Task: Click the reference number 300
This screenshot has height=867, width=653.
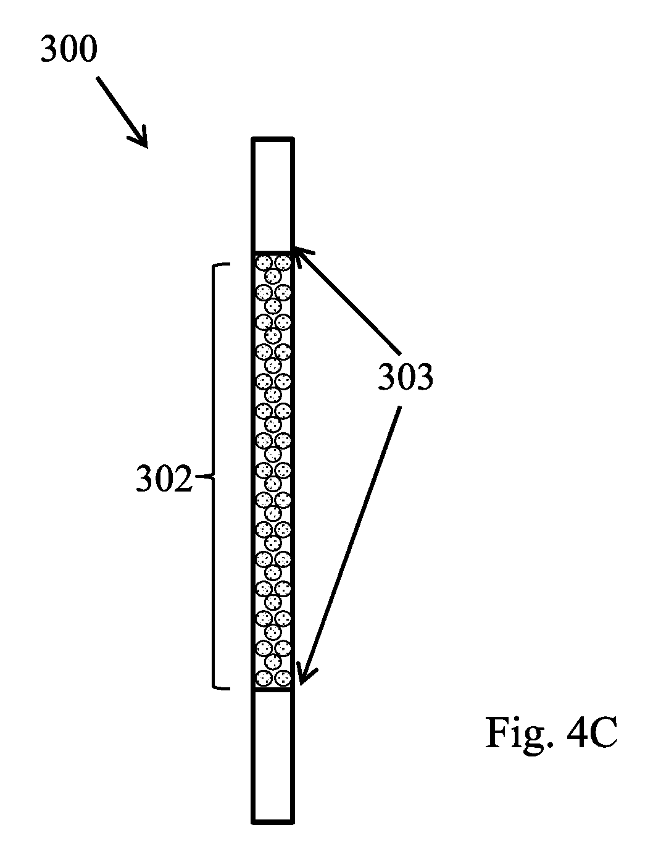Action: click(69, 49)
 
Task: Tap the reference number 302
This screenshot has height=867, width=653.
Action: click(164, 479)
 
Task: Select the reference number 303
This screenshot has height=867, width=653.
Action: click(405, 377)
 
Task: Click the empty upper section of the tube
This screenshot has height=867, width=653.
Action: click(273, 195)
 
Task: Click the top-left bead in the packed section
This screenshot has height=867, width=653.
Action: click(264, 262)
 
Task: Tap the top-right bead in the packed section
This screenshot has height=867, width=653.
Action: click(283, 262)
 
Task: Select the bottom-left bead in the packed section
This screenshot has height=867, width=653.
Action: click(264, 679)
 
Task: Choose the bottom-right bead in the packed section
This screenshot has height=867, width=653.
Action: click(283, 679)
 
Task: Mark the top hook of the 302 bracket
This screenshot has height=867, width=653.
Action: click(221, 265)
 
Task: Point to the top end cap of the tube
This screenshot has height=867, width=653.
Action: click(273, 140)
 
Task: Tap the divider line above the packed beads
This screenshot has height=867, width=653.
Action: click(273, 251)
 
